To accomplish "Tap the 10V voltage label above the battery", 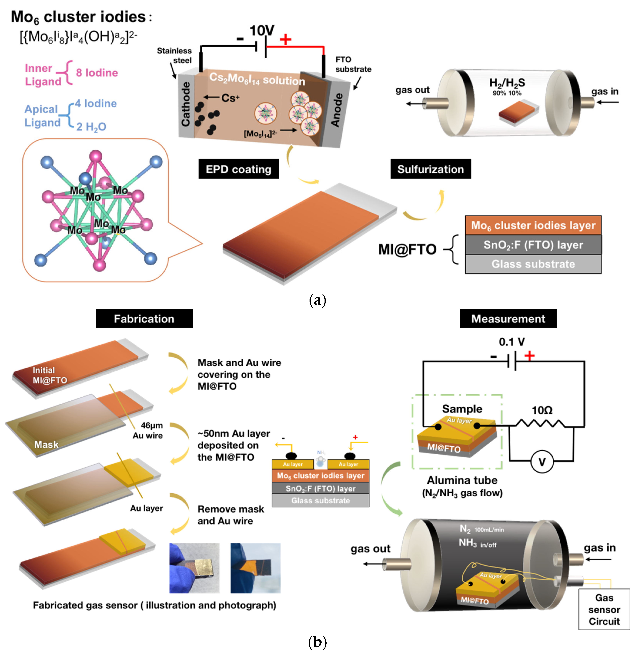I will point(262,31).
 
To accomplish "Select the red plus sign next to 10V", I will point(285,39).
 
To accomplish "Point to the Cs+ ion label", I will point(230,98).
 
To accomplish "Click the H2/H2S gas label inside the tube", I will point(507,83).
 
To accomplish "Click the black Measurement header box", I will point(508,318).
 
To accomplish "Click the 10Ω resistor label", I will point(542,410).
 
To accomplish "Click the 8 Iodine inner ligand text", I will point(97,73).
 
